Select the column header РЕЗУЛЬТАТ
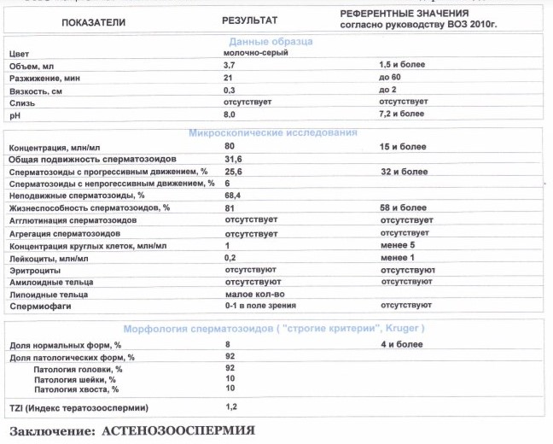point(250,17)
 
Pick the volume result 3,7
point(229,65)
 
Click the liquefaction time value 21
point(227,77)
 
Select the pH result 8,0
point(229,114)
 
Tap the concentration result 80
point(228,147)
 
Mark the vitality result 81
point(227,207)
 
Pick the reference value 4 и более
point(400,343)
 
